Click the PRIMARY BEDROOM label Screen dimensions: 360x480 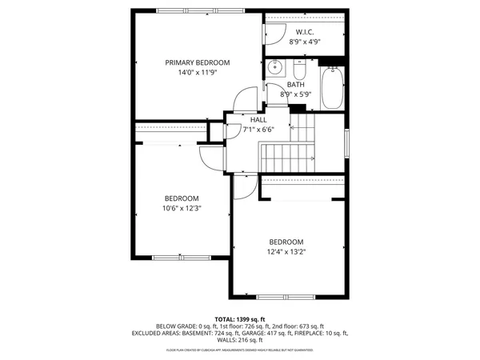(x=197, y=62)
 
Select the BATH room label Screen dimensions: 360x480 (x=296, y=84)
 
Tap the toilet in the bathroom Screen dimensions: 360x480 (x=304, y=64)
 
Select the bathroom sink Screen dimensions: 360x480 (x=272, y=66)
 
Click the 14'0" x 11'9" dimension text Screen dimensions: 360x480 (x=197, y=73)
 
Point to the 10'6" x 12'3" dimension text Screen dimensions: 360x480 (x=182, y=209)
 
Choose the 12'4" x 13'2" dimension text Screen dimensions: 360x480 (x=286, y=252)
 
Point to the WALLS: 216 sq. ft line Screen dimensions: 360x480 (x=240, y=340)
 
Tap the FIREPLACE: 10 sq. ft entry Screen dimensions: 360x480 (x=346, y=333)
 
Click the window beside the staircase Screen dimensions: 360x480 (x=346, y=144)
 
